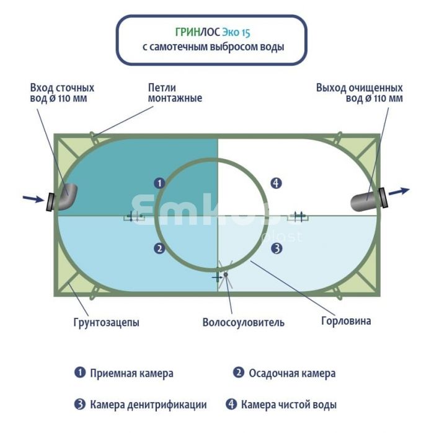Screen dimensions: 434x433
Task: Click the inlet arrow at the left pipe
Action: (x=33, y=198)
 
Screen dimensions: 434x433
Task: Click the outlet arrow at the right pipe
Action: (x=399, y=191)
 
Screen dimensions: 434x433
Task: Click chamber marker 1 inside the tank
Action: (x=159, y=183)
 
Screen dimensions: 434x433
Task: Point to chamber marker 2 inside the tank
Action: (x=159, y=248)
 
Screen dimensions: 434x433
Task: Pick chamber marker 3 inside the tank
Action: (x=277, y=248)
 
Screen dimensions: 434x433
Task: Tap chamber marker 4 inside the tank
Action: (x=276, y=183)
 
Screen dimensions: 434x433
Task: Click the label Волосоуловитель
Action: (x=243, y=322)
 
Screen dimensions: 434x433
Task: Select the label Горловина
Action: (x=346, y=321)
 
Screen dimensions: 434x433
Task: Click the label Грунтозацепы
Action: (x=106, y=322)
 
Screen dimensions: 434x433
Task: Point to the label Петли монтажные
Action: (x=175, y=93)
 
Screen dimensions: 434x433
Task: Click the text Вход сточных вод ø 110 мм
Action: (x=62, y=93)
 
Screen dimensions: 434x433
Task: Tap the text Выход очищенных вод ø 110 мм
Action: (x=360, y=93)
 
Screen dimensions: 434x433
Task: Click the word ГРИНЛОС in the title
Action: (x=198, y=32)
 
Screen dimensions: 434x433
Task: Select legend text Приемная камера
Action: (x=131, y=374)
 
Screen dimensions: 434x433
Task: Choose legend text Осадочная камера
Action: (x=292, y=374)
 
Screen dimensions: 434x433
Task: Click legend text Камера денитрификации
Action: (x=148, y=405)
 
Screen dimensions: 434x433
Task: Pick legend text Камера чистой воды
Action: (x=289, y=405)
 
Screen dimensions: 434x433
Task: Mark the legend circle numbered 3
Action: (x=80, y=405)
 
